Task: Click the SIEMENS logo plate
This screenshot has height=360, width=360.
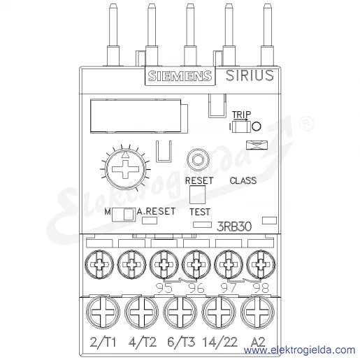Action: pos(180,75)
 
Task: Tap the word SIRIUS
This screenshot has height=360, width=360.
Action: pos(250,75)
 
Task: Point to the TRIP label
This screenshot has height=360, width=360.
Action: pos(241,115)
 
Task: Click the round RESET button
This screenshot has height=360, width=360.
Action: pos(198,160)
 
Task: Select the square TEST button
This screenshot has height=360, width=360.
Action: pos(197,194)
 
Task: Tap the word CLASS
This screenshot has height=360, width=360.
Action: pos(243,180)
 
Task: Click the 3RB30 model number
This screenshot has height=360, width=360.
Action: pos(234,226)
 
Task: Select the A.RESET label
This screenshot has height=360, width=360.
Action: pos(156,211)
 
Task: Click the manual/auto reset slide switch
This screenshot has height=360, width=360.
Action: pos(124,215)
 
